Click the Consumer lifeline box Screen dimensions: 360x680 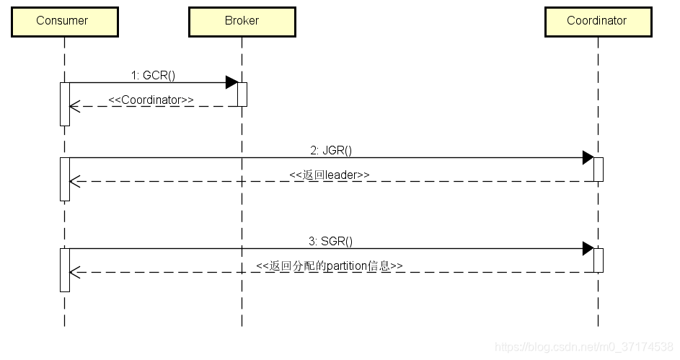(63, 21)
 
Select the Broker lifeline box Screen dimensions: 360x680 (242, 21)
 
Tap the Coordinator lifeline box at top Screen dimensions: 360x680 (597, 21)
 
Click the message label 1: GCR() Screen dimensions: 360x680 (153, 75)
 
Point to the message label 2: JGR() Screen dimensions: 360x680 (331, 150)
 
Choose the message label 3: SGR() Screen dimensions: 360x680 (331, 241)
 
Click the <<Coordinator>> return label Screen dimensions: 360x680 (151, 100)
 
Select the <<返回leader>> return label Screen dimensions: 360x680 (330, 175)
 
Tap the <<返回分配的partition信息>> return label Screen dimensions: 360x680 (330, 265)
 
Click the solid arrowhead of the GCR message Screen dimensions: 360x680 (231, 82)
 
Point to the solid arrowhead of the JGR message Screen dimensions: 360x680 (588, 158)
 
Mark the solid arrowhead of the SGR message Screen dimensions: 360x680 (588, 249)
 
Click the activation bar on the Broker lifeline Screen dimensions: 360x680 (242, 95)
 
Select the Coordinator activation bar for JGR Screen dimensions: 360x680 (598, 170)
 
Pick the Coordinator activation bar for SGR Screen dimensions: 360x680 (598, 260)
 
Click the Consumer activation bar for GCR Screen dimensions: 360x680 (64, 104)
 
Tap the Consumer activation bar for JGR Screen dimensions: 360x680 (64, 179)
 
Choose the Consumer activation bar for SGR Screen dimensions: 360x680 (64, 270)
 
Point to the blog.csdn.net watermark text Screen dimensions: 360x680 (585, 348)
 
